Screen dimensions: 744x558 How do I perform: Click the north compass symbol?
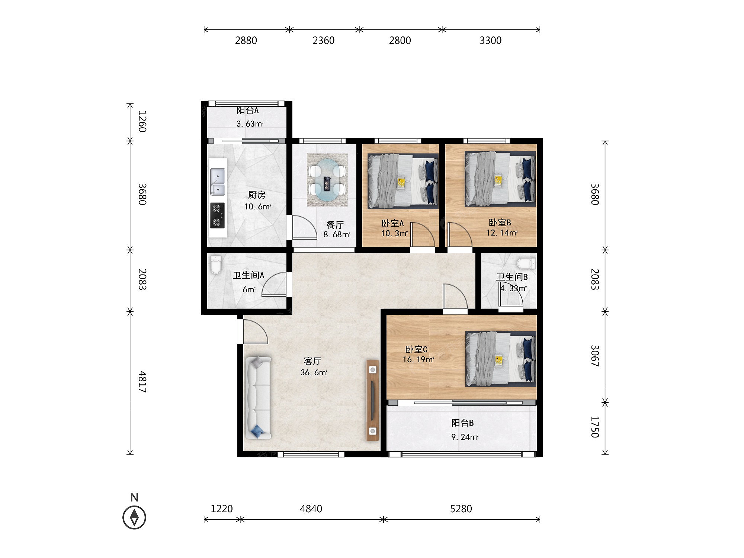tap(134, 517)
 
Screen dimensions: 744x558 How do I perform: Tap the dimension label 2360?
tap(323, 41)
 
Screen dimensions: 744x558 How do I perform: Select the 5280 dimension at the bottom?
tap(461, 509)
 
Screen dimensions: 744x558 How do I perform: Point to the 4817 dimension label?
tap(142, 382)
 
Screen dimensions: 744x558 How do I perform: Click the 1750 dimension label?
tap(595, 427)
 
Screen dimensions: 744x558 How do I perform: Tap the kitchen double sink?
tap(218, 182)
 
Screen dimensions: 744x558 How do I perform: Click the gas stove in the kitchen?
tap(217, 215)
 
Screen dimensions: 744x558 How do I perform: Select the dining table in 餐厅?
tap(327, 180)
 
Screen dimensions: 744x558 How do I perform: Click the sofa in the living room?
tap(258, 397)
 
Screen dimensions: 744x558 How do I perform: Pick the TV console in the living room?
tap(372, 400)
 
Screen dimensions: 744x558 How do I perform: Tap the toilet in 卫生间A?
tap(215, 264)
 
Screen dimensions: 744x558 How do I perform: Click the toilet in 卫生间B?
tap(526, 263)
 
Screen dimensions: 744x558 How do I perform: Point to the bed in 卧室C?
tap(501, 359)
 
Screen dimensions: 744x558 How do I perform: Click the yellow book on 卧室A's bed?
tap(401, 183)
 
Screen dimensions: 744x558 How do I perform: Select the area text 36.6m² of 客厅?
tap(314, 372)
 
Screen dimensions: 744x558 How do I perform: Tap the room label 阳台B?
tap(462, 423)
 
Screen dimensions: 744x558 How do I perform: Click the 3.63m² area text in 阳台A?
tap(250, 124)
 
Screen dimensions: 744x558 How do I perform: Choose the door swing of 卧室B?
tap(460, 234)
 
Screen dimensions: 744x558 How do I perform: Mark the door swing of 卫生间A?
tap(274, 284)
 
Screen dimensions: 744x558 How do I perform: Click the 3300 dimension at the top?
tap(490, 41)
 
